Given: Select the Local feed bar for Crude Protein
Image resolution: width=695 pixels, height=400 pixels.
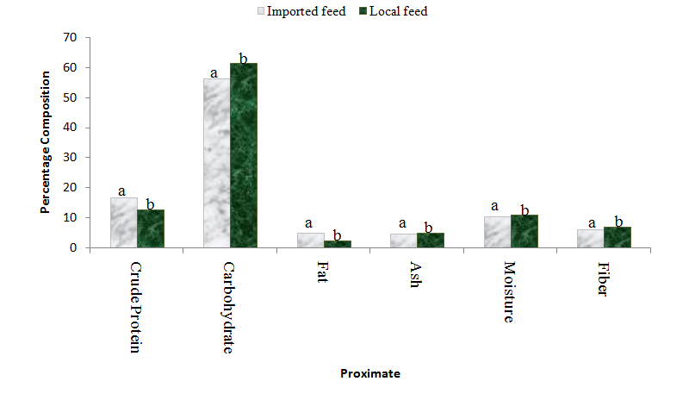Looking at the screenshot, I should point(150,228).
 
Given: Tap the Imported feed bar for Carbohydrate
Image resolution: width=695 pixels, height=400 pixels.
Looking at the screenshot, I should point(216,163).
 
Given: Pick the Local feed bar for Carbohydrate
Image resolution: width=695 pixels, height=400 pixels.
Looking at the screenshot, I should point(243,155).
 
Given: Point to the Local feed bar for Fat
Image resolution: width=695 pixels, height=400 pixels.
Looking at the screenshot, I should point(337,244).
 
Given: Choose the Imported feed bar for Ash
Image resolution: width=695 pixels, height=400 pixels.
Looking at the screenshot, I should point(403,241).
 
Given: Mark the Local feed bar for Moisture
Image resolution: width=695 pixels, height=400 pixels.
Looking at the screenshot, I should point(524,231).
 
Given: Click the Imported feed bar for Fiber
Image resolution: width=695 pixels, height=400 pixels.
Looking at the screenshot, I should point(590,238).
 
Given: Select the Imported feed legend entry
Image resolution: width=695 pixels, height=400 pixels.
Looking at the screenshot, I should point(301,11).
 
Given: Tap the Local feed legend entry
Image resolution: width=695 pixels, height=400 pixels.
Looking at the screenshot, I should point(393,11).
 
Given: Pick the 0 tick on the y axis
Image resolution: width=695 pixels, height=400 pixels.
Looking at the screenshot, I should point(73,247).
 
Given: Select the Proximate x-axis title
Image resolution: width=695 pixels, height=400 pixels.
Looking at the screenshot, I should point(370,373).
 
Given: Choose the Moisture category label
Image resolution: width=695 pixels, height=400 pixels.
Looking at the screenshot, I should point(509,291).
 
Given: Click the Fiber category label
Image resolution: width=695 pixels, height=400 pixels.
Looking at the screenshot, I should point(602,278).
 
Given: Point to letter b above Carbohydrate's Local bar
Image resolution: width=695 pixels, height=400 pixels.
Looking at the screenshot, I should point(243,58).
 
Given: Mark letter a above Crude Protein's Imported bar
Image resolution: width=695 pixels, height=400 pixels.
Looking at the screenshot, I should point(122,191).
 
